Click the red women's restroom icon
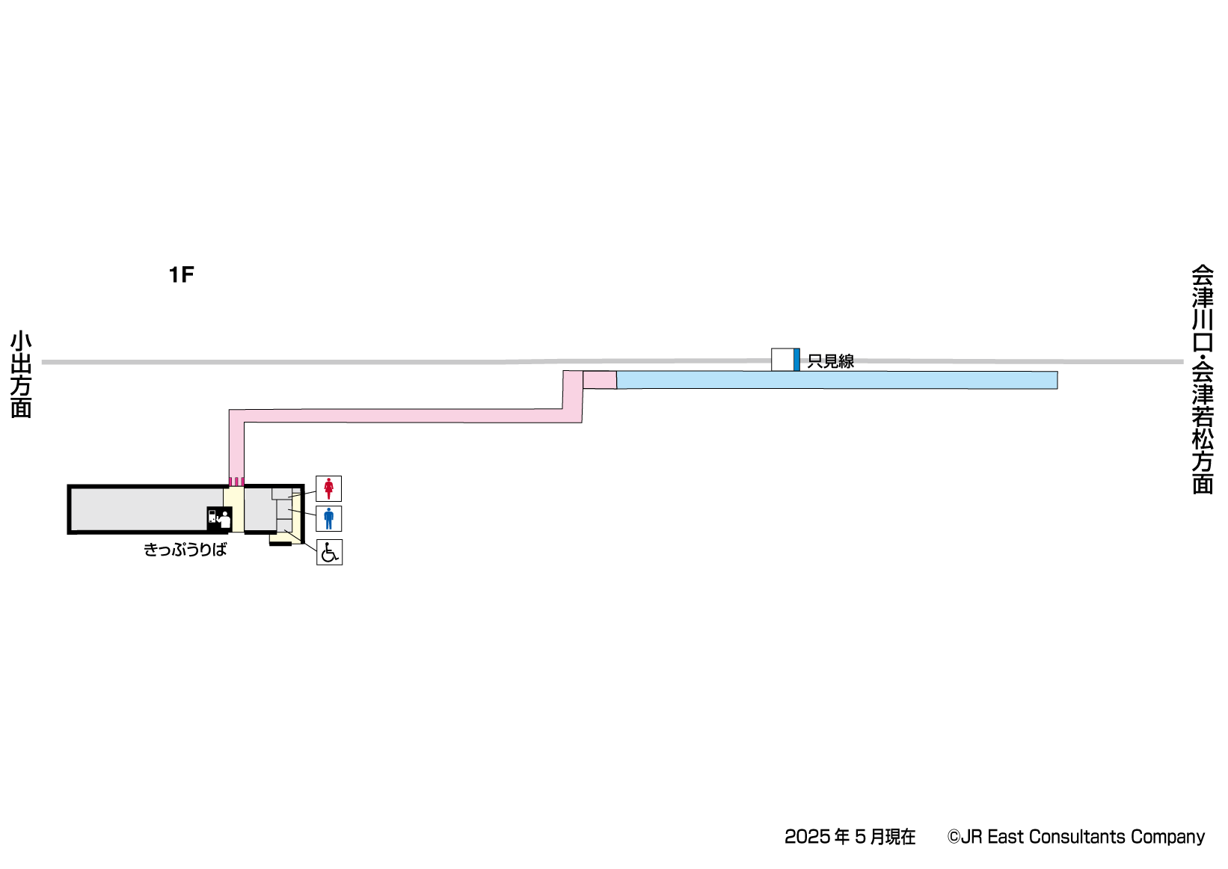click(328, 488)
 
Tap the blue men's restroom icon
click(328, 518)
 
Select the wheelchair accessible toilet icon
click(329, 552)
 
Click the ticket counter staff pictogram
click(219, 518)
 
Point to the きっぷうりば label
click(185, 550)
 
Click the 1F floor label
click(181, 275)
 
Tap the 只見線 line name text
click(830, 361)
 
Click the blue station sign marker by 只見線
click(796, 359)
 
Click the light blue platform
click(836, 380)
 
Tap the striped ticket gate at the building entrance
click(236, 481)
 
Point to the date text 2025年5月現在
click(850, 837)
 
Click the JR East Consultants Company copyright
click(1075, 837)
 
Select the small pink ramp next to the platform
click(599, 380)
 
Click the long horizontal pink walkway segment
click(404, 416)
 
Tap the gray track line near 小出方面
click(150, 362)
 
